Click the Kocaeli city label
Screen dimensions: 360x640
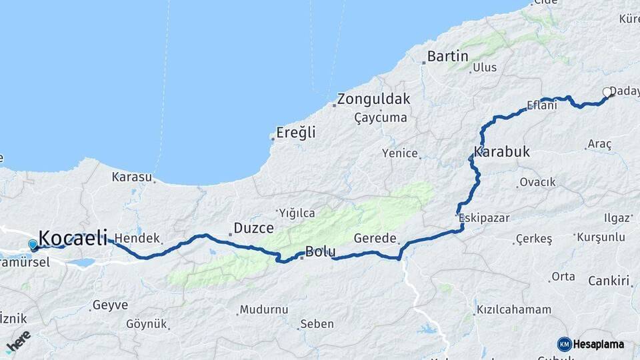73,237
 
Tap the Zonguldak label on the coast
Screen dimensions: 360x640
373,100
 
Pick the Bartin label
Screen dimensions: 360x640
448,56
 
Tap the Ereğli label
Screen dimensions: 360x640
296,133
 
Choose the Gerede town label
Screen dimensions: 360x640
375,238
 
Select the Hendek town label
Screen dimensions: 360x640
137,238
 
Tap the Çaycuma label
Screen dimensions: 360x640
381,117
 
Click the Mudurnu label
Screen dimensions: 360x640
263,310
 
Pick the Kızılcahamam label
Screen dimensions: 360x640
513,310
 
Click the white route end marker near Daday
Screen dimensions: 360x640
607,92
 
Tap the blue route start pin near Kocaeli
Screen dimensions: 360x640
33,245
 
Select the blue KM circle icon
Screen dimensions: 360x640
565,344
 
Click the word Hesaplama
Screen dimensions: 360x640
599,344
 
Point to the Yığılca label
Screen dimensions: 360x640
297,213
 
